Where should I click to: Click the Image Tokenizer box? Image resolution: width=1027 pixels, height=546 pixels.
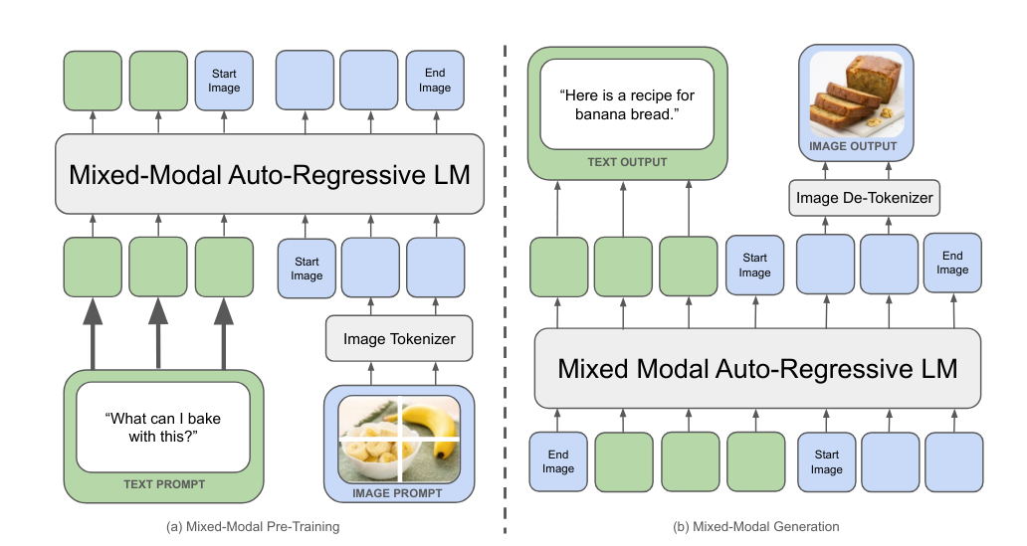tap(399, 339)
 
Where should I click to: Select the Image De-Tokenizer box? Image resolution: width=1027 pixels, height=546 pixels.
tap(864, 198)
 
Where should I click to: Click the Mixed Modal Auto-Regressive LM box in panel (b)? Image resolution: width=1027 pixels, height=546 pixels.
tap(757, 369)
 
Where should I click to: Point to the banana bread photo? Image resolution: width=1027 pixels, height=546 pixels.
tap(857, 94)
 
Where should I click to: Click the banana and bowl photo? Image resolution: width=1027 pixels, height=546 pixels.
tap(399, 439)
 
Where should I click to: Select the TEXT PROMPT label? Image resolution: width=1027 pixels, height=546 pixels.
tap(164, 484)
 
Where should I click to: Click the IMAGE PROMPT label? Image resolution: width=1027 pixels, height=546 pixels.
tap(399, 492)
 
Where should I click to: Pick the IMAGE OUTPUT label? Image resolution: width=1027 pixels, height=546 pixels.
tap(853, 146)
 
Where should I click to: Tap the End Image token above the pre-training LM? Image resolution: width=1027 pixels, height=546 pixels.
tap(435, 81)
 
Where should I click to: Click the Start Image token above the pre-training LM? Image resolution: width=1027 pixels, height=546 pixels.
tap(224, 81)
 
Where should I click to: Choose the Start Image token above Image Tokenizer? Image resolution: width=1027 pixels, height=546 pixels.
tap(307, 269)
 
